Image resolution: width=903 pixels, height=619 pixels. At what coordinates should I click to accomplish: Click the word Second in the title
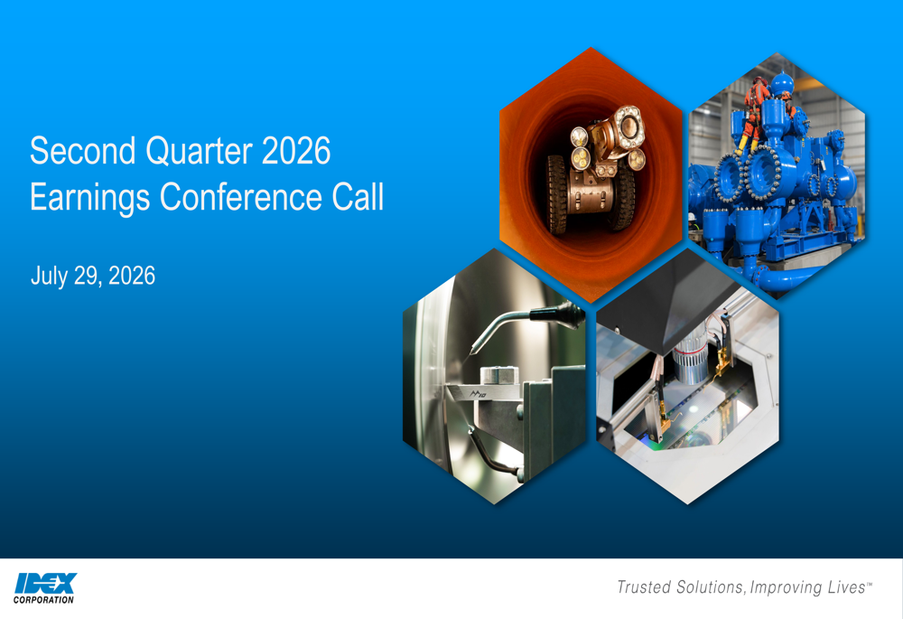83,151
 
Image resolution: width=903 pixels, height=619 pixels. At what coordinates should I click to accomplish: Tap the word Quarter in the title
199,152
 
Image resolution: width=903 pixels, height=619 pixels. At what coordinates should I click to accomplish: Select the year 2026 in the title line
296,151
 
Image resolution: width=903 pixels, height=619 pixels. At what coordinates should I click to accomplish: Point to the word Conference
241,197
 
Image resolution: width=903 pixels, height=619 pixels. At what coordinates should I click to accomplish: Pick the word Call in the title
358,197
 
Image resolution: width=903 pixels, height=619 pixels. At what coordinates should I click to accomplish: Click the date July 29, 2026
93,277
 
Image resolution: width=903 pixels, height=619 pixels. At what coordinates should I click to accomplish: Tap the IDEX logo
45,583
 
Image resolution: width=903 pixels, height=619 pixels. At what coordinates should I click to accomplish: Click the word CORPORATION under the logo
43,600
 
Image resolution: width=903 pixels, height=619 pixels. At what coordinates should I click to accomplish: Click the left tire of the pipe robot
557,195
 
